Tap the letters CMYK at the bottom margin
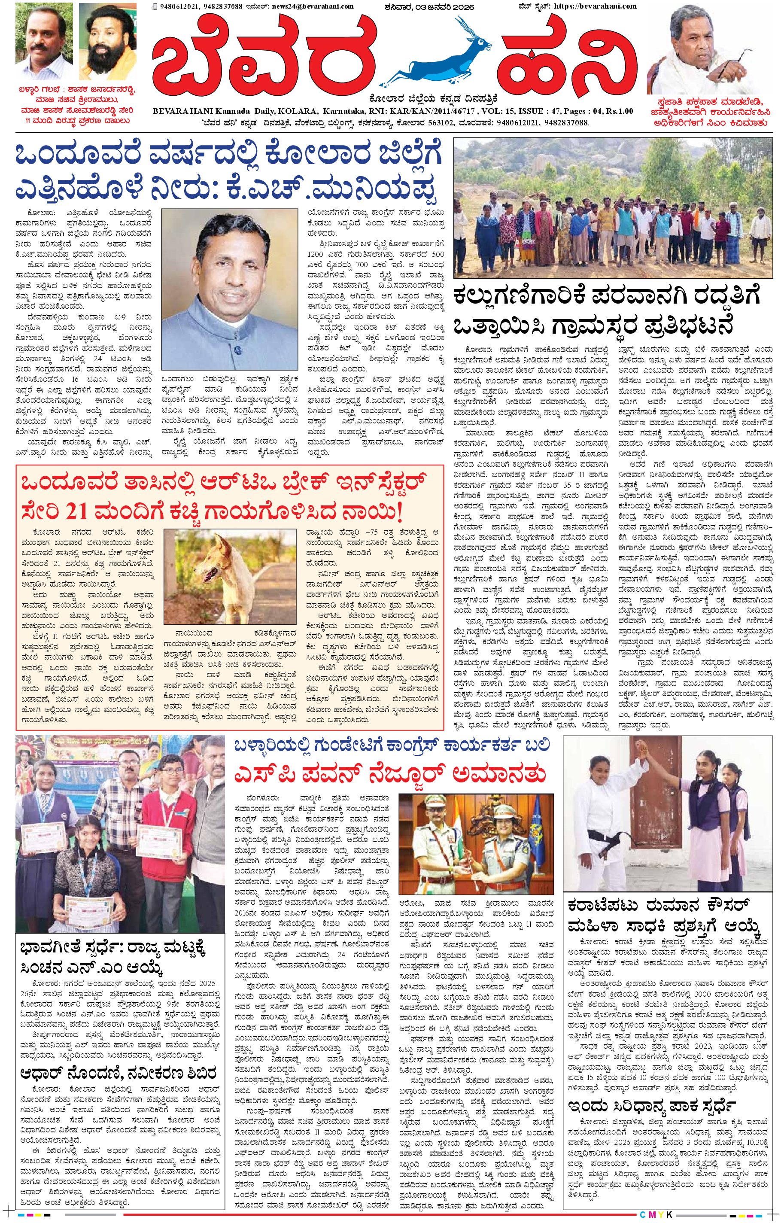tap(656, 1214)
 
